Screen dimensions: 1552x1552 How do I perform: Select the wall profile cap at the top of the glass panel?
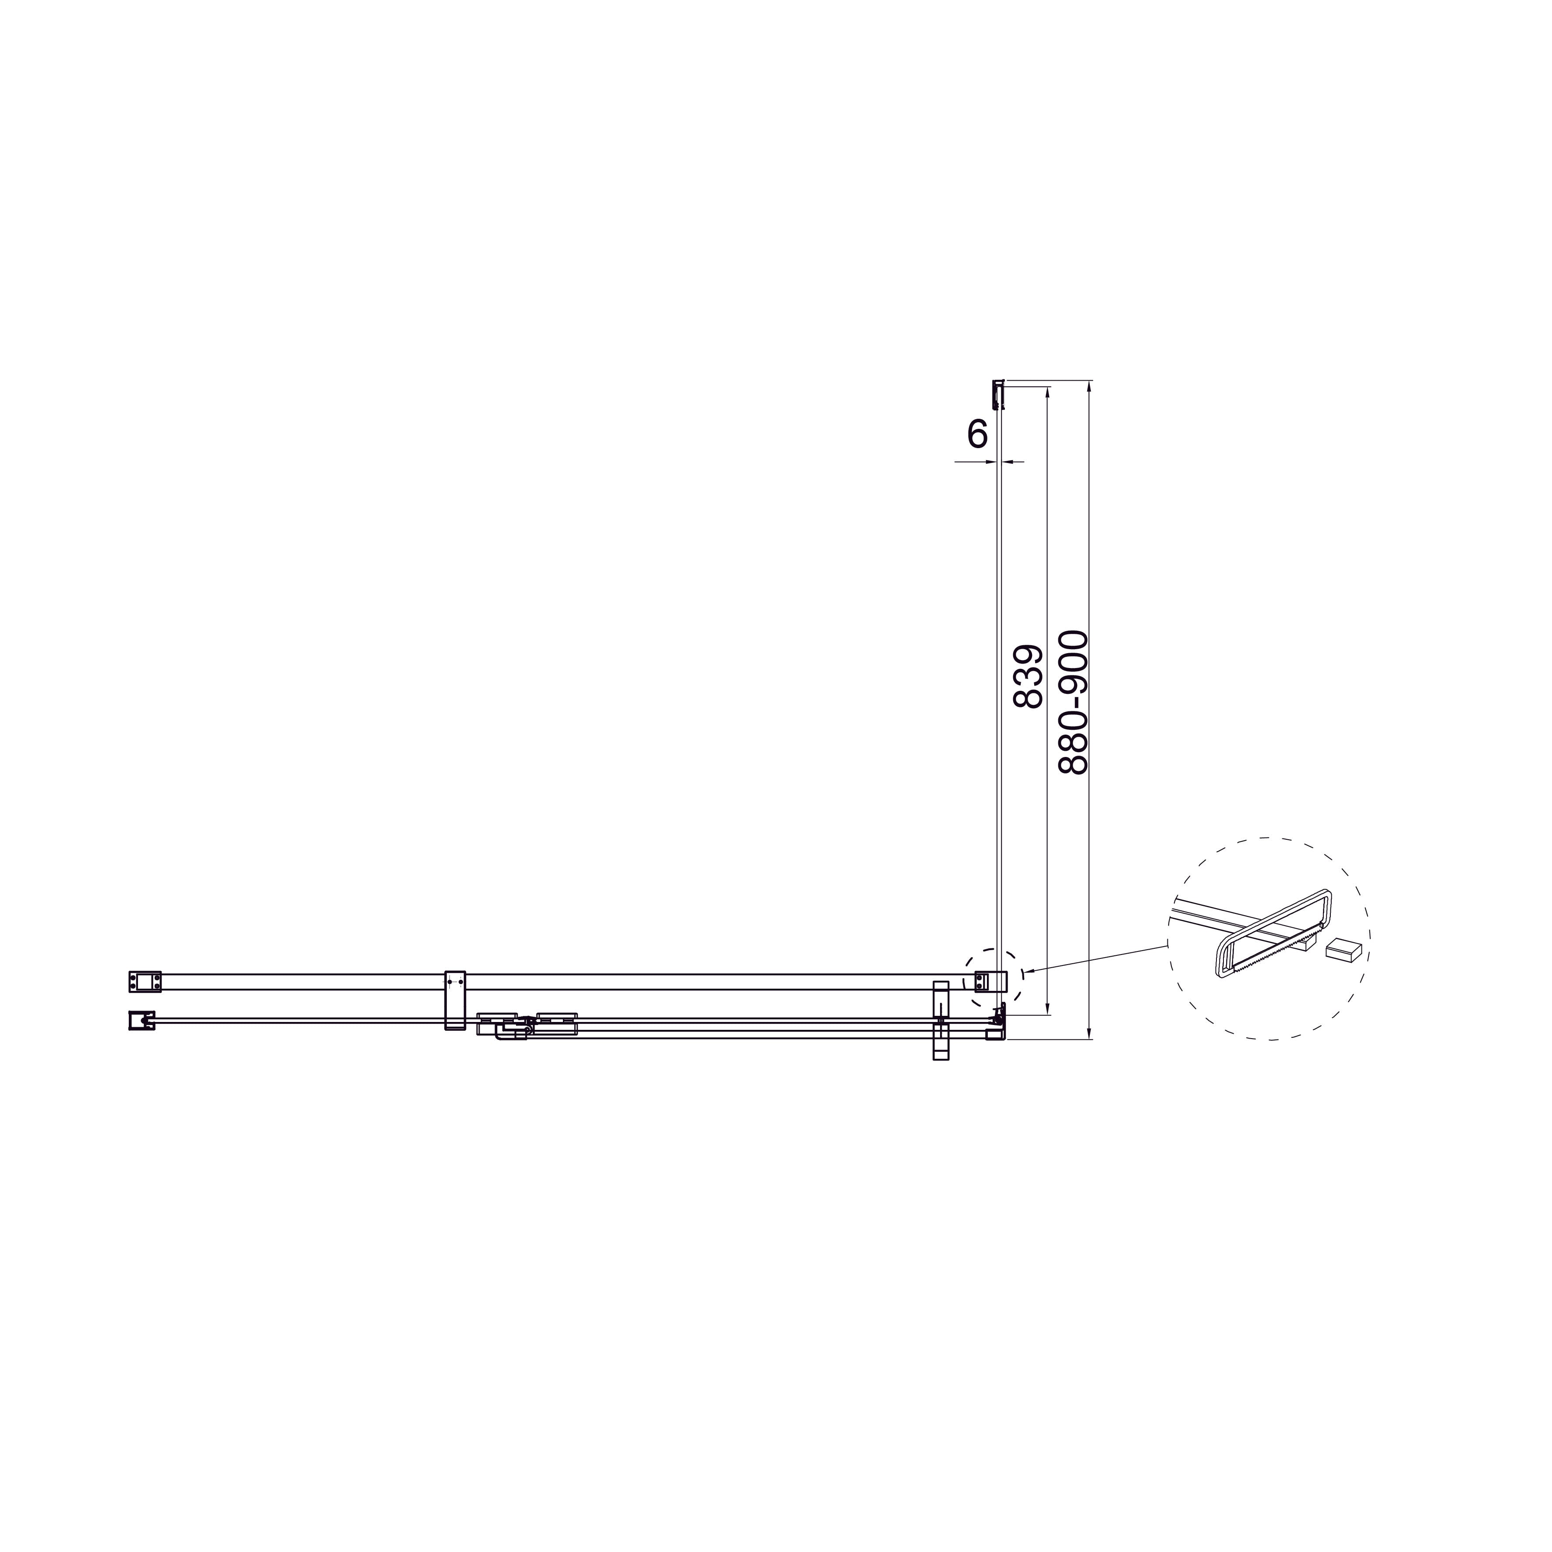998,394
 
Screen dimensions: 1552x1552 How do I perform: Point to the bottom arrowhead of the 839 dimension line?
1047,1009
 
